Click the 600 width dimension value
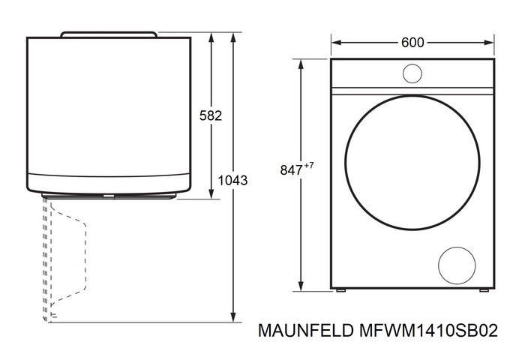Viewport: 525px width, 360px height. (412, 43)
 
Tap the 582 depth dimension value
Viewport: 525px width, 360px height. (211, 115)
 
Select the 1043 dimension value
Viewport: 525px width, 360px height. (232, 180)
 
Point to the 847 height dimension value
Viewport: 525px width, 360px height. (291, 170)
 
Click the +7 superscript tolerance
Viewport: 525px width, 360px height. (309, 166)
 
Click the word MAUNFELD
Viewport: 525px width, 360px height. (306, 331)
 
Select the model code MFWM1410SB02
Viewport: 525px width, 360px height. (428, 331)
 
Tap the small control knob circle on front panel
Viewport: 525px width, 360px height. (412, 73)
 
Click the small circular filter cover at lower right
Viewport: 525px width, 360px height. (457, 265)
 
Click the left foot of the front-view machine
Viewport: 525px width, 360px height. (340, 290)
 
